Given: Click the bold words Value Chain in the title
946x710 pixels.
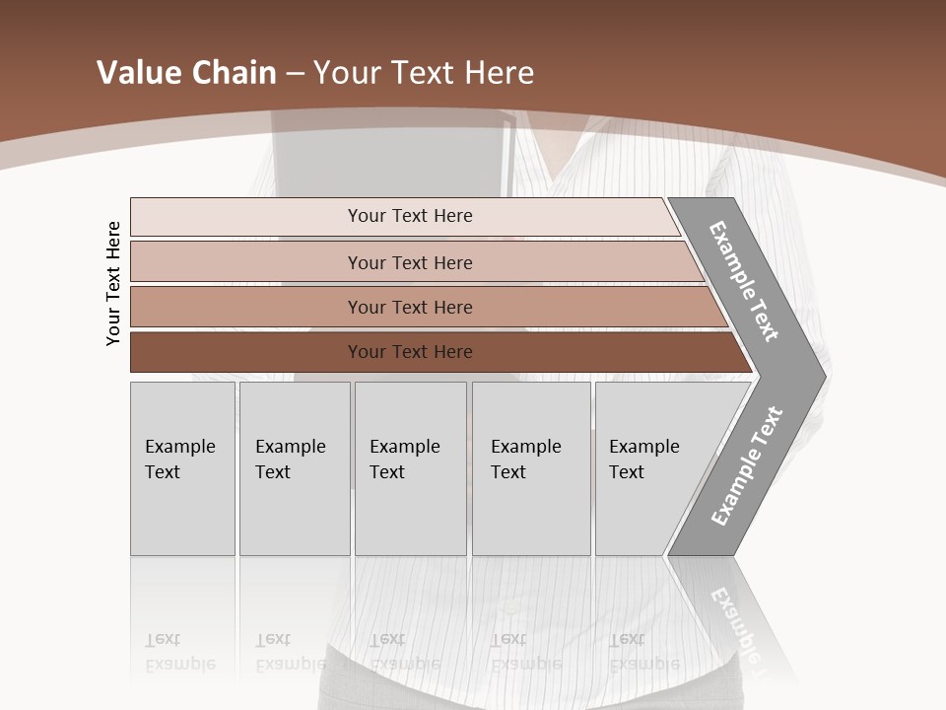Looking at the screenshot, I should pyautogui.click(x=186, y=73).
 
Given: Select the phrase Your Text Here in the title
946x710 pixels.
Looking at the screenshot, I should pyautogui.click(x=424, y=73).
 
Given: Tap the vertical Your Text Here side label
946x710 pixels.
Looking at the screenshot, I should pyautogui.click(x=113, y=283).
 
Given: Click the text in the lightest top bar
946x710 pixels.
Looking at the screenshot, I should pyautogui.click(x=410, y=216).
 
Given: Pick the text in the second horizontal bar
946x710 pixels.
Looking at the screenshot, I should pyautogui.click(x=410, y=263).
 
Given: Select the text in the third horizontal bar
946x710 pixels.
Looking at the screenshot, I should pyautogui.click(x=410, y=308).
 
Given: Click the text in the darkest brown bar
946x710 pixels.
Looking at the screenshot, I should pyautogui.click(x=410, y=352).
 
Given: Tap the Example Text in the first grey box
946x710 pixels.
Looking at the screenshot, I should pyautogui.click(x=179, y=460).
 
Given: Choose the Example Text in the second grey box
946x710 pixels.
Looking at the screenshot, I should pyautogui.click(x=290, y=460).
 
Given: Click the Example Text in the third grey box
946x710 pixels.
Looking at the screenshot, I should pyautogui.click(x=404, y=460).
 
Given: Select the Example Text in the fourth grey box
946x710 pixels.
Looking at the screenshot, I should pyautogui.click(x=525, y=460).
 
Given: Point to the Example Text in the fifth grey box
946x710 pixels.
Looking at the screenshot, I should pyautogui.click(x=643, y=460).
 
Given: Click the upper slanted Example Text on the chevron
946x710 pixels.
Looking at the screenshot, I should pyautogui.click(x=744, y=281).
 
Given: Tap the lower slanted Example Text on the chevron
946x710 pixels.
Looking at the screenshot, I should pyautogui.click(x=746, y=466).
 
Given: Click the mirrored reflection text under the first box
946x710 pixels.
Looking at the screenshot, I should pyautogui.click(x=179, y=652).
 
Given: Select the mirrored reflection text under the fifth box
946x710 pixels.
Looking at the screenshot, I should pyautogui.click(x=643, y=652).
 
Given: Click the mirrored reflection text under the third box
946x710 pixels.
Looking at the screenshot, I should pyautogui.click(x=404, y=652).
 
